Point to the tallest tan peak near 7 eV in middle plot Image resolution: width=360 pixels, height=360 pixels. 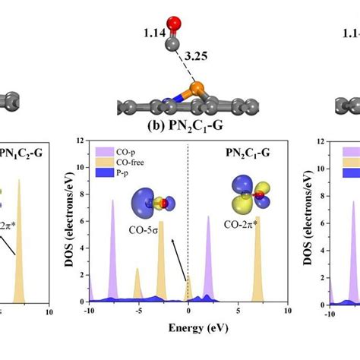[257, 220]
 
